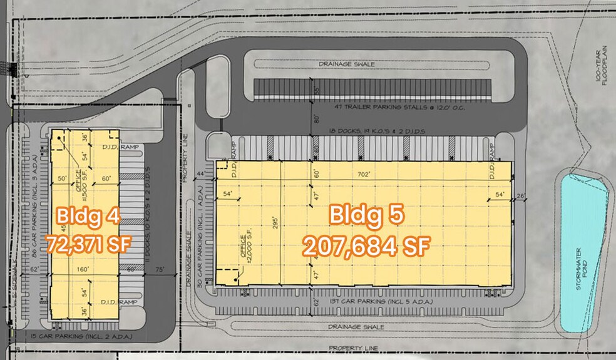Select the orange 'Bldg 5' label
[366, 215]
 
